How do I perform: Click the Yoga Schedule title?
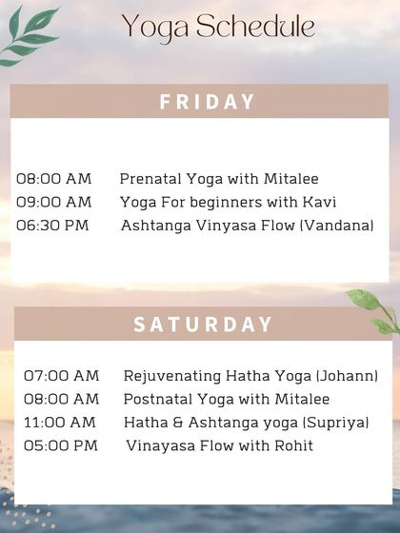pyautogui.click(x=218, y=28)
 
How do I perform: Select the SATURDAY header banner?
pyautogui.click(x=203, y=324)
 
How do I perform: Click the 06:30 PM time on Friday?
pyautogui.click(x=53, y=226)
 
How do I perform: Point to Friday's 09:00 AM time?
pyautogui.click(x=53, y=202)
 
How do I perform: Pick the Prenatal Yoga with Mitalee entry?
pyautogui.click(x=219, y=179)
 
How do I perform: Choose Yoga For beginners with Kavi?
pyautogui.click(x=228, y=202)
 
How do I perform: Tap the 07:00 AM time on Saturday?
pyautogui.click(x=61, y=376)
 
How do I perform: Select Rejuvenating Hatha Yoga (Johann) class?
pyautogui.click(x=251, y=376)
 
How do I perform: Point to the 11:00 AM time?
pyautogui.click(x=59, y=422)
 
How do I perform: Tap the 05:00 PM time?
pyautogui.click(x=60, y=445)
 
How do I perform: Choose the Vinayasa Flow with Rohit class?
pyautogui.click(x=219, y=445)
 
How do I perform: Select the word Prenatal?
pyautogui.click(x=149, y=179)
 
